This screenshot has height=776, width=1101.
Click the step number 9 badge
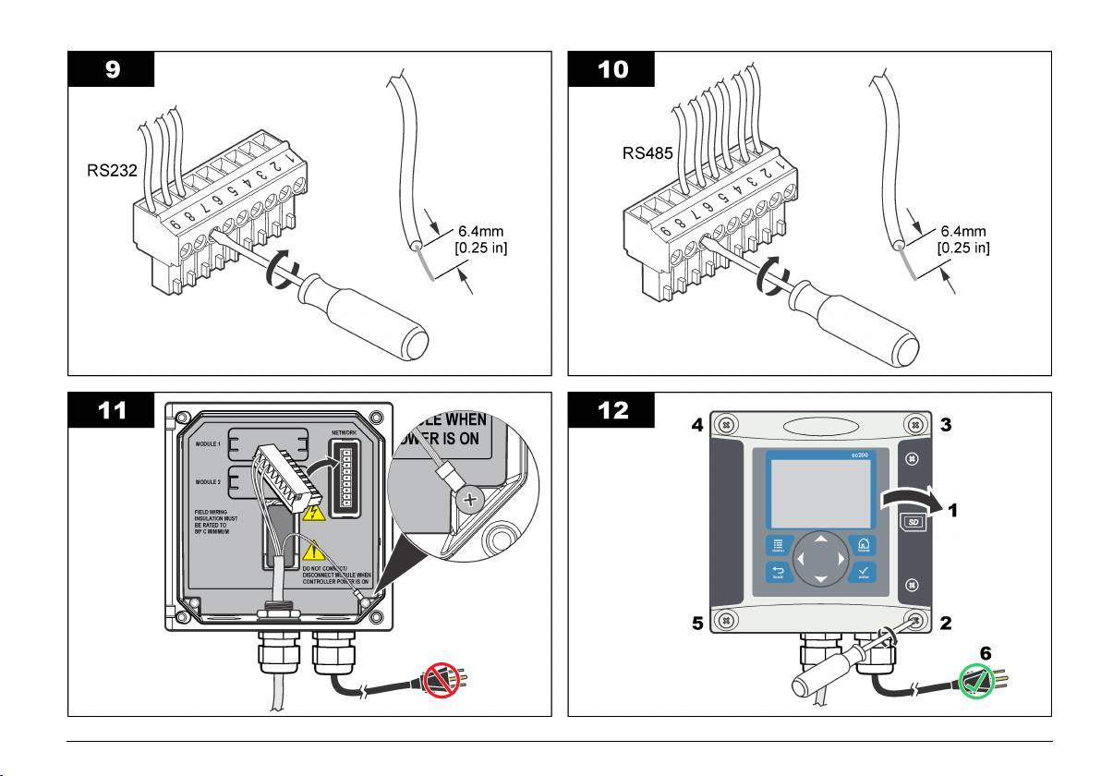click(111, 69)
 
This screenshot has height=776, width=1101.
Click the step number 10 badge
click(612, 69)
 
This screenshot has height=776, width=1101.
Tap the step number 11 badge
click(111, 411)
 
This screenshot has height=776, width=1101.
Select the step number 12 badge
click(612, 411)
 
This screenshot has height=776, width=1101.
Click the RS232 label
click(102, 170)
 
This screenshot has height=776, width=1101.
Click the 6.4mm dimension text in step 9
click(482, 231)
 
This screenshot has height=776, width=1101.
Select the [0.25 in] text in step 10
click(963, 248)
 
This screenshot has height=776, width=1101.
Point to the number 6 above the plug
click(986, 652)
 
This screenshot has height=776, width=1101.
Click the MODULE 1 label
click(208, 444)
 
